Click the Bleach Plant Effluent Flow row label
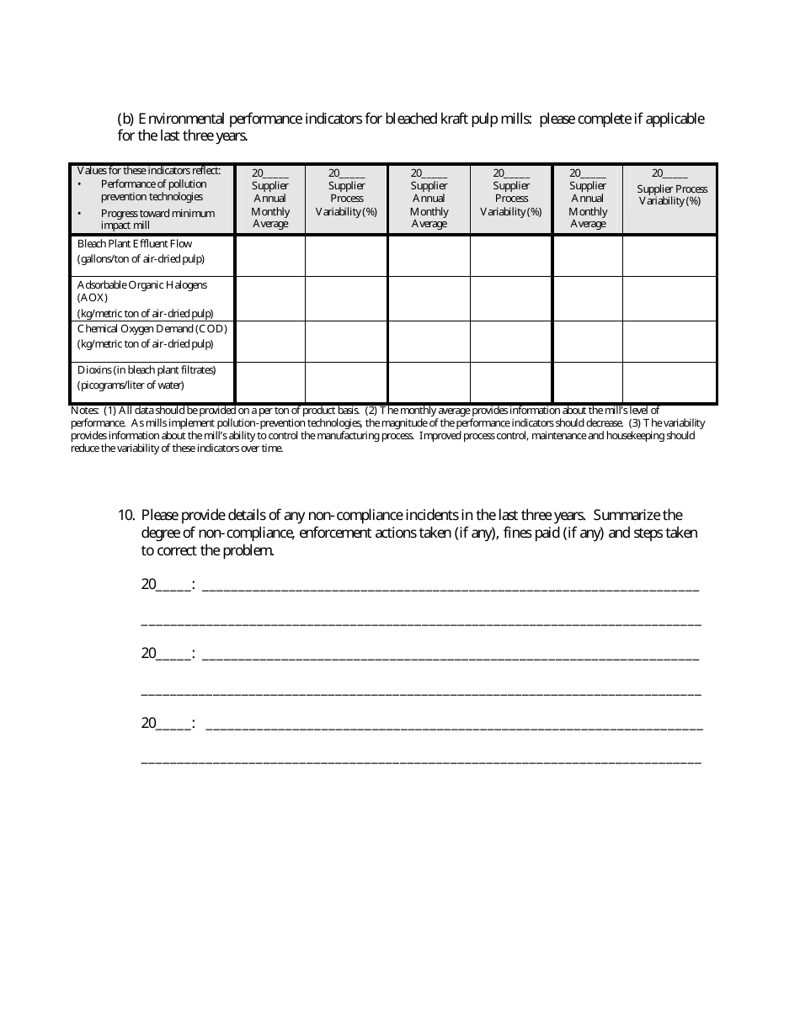[135, 244]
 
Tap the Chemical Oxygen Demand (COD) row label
[152, 329]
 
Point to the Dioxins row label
[147, 369]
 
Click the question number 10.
[126, 515]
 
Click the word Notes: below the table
[85, 411]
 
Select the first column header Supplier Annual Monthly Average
[269, 199]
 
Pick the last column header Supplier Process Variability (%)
[670, 194]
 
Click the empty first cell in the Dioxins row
[269, 382]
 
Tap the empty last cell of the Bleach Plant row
[669, 255]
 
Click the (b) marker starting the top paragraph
[125, 119]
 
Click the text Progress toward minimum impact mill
[157, 219]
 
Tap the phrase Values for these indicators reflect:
[149, 171]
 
